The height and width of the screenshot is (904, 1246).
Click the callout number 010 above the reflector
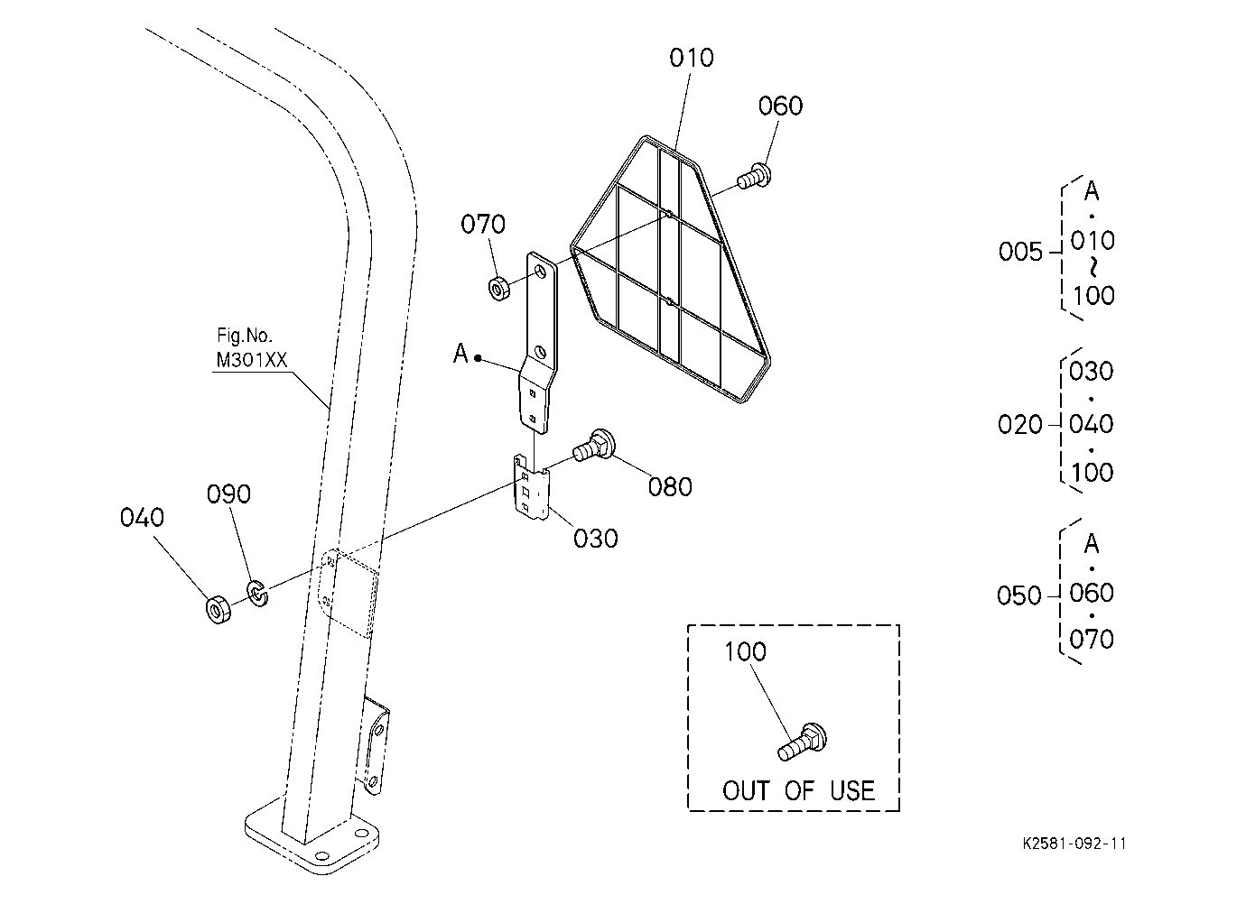click(x=691, y=58)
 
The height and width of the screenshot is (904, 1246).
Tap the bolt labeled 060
click(x=755, y=175)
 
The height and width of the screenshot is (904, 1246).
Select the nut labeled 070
click(x=499, y=288)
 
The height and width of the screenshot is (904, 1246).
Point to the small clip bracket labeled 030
click(x=531, y=487)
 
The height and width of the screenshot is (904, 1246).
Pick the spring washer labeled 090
click(x=257, y=594)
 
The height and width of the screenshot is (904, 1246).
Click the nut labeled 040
click(x=219, y=609)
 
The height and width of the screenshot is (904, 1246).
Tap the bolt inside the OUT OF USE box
click(x=802, y=743)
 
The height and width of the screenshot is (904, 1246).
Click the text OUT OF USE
click(x=798, y=790)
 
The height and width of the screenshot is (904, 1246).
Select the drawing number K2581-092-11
click(x=1074, y=844)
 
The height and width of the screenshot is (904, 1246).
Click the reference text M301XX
click(x=251, y=360)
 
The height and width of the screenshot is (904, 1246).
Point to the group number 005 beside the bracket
click(x=1020, y=252)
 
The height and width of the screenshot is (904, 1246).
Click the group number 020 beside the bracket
click(x=1019, y=425)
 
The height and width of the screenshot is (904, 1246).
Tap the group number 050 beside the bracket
click(x=1019, y=595)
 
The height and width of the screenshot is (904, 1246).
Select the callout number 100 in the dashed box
click(x=745, y=651)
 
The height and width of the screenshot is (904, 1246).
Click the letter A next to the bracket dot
click(x=460, y=353)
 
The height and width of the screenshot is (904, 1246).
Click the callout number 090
click(x=228, y=494)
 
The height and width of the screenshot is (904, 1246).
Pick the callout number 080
click(x=670, y=486)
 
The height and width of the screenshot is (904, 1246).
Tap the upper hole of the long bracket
click(x=541, y=272)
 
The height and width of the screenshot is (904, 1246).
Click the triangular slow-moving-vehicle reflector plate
click(x=670, y=269)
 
